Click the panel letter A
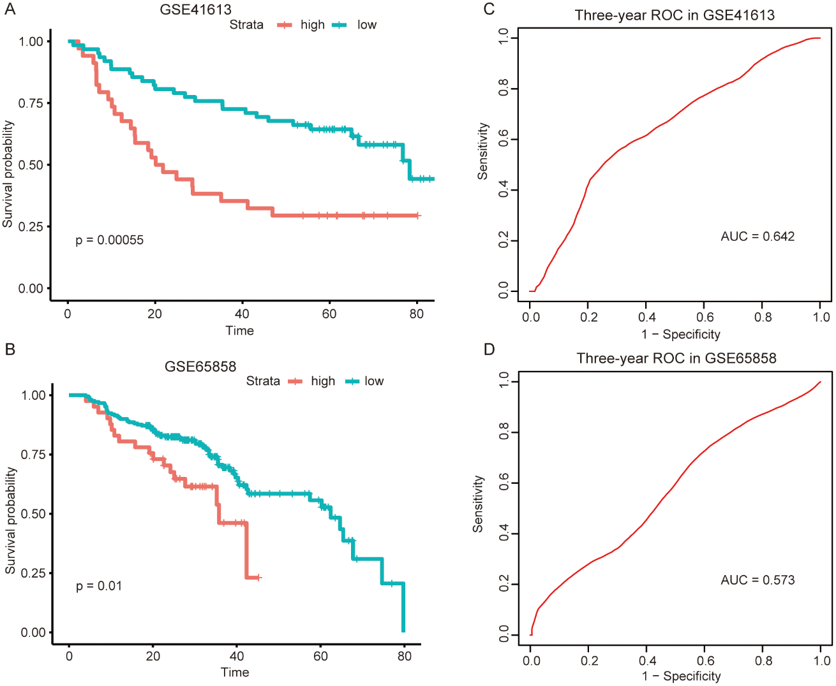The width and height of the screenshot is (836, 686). click(9, 9)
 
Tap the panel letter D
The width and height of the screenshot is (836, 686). click(489, 349)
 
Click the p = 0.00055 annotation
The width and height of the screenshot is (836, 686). click(109, 240)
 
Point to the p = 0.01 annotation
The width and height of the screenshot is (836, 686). click(99, 586)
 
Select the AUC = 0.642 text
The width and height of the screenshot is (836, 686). click(758, 237)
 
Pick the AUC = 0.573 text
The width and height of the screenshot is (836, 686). click(758, 580)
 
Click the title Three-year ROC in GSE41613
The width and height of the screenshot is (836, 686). click(675, 15)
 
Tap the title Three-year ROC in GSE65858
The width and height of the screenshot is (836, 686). click(676, 358)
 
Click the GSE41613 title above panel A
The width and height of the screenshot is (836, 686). click(195, 10)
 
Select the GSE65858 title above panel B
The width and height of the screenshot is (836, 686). click(200, 367)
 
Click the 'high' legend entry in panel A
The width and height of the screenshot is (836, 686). click(312, 25)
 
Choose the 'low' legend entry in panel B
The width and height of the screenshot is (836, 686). click(374, 381)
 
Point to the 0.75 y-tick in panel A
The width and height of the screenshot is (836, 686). click(31, 103)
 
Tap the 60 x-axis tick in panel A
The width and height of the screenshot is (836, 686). click(329, 314)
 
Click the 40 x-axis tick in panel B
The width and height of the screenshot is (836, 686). click(237, 656)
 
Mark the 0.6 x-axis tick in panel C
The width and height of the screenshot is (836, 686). click(705, 317)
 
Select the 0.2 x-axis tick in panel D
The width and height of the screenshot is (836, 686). click(590, 660)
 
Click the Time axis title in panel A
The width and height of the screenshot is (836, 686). click(239, 330)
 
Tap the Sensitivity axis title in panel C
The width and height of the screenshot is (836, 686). click(483, 151)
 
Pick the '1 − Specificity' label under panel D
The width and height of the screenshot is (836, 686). click(682, 676)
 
